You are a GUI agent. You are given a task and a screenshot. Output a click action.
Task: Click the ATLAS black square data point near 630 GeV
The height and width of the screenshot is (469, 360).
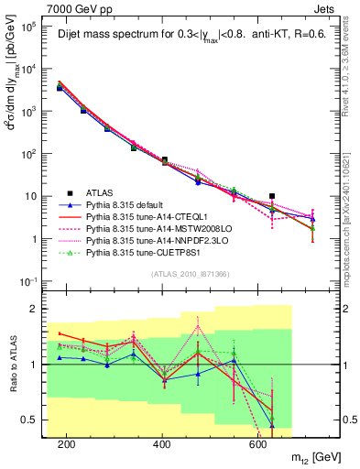coord(272,196)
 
